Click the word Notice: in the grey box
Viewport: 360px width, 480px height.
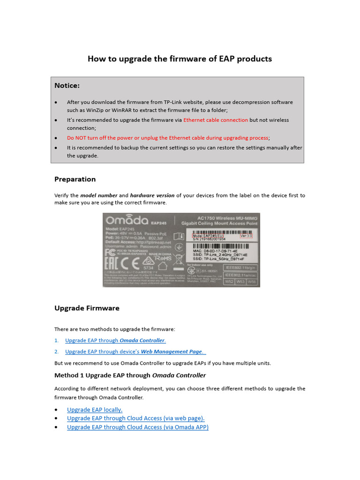tap(67, 85)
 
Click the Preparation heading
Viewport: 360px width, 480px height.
tap(75, 179)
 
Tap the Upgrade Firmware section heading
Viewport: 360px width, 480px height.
tap(87, 308)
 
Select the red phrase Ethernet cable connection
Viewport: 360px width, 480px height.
tap(216, 120)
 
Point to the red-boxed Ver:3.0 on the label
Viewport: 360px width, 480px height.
tap(246, 236)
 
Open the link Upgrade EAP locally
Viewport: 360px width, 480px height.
tap(95, 409)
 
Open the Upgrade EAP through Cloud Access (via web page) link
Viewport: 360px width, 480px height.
tap(135, 418)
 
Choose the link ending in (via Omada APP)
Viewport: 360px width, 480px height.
tap(137, 427)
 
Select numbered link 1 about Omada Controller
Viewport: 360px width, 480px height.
tap(115, 340)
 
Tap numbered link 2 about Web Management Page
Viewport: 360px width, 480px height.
tap(135, 352)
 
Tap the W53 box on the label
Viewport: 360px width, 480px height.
tap(240, 282)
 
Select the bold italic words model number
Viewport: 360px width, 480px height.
tap(98, 195)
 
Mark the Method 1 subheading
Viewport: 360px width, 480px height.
tap(130, 375)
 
